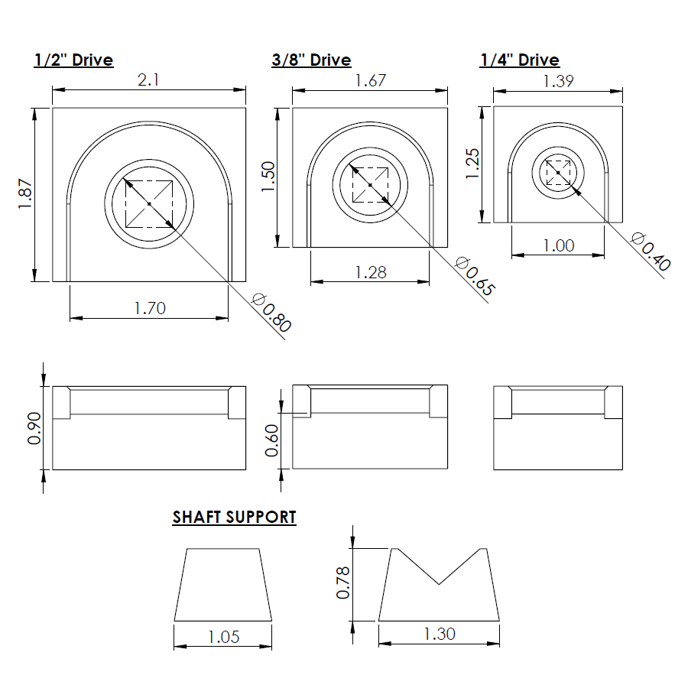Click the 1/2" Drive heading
73,60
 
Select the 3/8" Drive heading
311,60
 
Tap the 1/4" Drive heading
519,60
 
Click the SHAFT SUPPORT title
234,517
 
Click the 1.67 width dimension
370,80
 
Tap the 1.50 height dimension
268,177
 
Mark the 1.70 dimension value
150,308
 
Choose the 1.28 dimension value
371,271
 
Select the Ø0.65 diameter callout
475,277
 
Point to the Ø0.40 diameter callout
651,252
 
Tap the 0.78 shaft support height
343,583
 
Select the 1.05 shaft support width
223,636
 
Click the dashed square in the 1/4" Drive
559,173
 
